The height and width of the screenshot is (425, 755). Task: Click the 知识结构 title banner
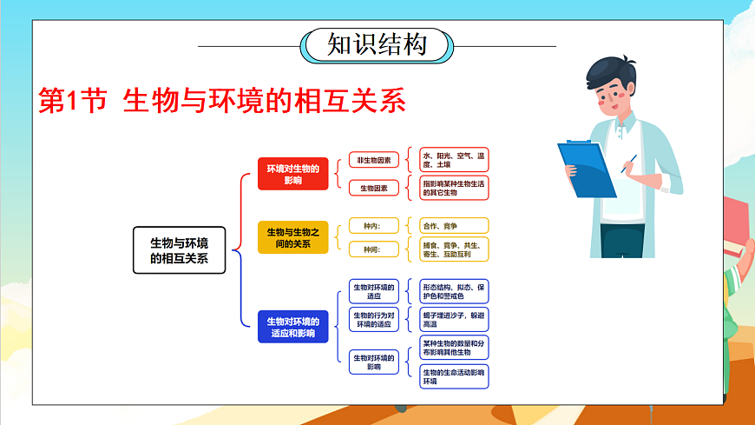377,44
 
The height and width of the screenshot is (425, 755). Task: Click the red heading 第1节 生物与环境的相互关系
223,101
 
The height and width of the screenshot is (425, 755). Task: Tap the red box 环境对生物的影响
292,174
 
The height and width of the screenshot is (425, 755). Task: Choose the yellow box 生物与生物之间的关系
292,237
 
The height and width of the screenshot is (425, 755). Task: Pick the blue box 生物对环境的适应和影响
292,327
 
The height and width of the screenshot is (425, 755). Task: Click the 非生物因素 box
374,160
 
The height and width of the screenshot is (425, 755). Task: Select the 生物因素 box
374,187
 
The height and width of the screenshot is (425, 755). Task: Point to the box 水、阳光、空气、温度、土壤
453,159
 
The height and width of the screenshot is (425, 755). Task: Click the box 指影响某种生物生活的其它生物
453,187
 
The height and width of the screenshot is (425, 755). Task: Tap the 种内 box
374,226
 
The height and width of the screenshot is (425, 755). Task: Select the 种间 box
374,249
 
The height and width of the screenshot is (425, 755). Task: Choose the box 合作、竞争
453,226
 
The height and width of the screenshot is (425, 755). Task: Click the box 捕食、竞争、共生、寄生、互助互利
453,249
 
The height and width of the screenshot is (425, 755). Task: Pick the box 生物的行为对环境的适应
374,320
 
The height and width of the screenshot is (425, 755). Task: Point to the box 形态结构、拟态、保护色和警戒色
453,291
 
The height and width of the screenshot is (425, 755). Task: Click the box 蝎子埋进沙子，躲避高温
453,319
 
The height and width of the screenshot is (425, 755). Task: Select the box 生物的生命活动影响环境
453,375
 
